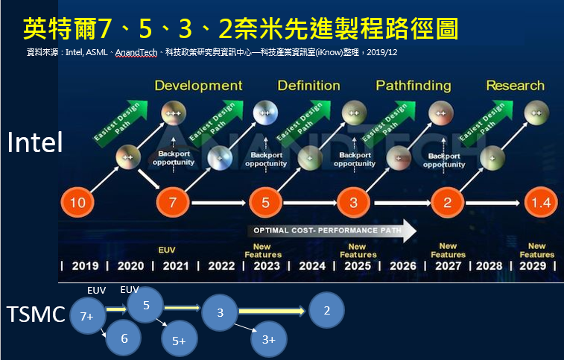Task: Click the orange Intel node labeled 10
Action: click(77, 202)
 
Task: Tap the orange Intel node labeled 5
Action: click(265, 202)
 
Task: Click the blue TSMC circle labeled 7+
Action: click(87, 316)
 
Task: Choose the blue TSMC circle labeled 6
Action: click(124, 338)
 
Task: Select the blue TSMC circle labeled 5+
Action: click(180, 341)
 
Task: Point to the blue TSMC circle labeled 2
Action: click(326, 310)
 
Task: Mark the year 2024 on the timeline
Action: click(312, 266)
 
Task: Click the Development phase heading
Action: click(198, 86)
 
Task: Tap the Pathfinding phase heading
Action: click(413, 86)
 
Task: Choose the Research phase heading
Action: click(515, 86)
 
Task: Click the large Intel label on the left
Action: click(35, 143)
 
